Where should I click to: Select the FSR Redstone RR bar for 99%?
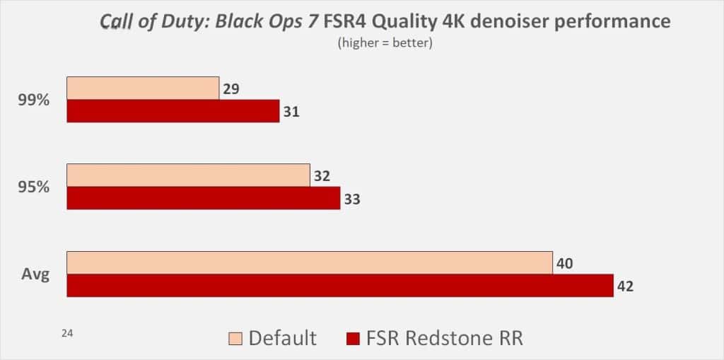173,111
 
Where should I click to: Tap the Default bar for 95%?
188,175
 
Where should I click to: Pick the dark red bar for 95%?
204,198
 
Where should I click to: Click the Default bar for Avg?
310,262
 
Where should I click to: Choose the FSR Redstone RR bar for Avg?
340,285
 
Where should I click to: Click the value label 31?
291,112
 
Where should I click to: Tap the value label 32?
322,177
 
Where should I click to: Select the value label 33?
352,199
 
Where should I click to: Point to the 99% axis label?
33,100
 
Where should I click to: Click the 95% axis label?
33,187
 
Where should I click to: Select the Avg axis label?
35,274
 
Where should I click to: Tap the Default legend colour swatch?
236,337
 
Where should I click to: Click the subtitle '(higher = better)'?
386,44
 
